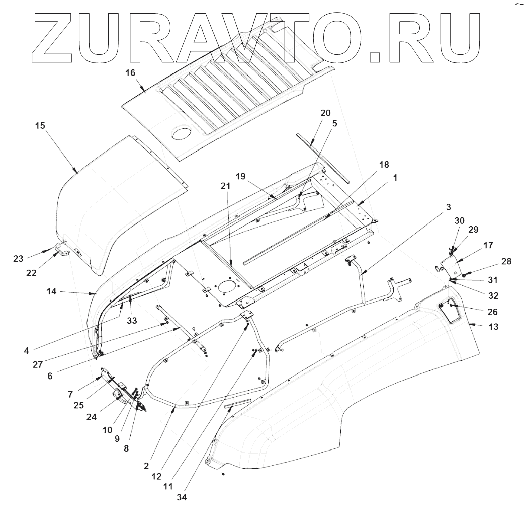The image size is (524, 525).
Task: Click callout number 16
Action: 130,73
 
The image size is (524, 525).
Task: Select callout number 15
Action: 40,125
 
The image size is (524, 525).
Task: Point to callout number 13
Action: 494,327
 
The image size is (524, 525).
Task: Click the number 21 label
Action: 225,185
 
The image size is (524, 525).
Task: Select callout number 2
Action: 146,466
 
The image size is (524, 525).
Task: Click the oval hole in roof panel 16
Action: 182,133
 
